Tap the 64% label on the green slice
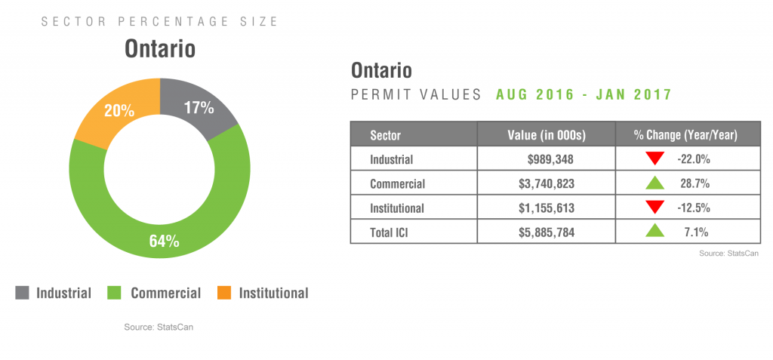(x=163, y=242)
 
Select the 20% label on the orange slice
(x=119, y=110)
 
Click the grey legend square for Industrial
(x=23, y=293)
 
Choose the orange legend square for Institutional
(x=224, y=293)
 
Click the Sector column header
(x=385, y=135)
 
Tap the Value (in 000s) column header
(x=547, y=135)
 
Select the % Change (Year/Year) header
(x=685, y=135)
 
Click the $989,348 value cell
(x=551, y=159)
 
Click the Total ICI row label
(x=393, y=232)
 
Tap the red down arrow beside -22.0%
(x=654, y=159)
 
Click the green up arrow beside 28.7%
(x=654, y=183)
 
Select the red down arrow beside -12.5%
(x=654, y=208)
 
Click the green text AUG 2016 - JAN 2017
(x=584, y=95)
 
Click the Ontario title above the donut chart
(x=160, y=49)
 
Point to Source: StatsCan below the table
(x=728, y=254)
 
